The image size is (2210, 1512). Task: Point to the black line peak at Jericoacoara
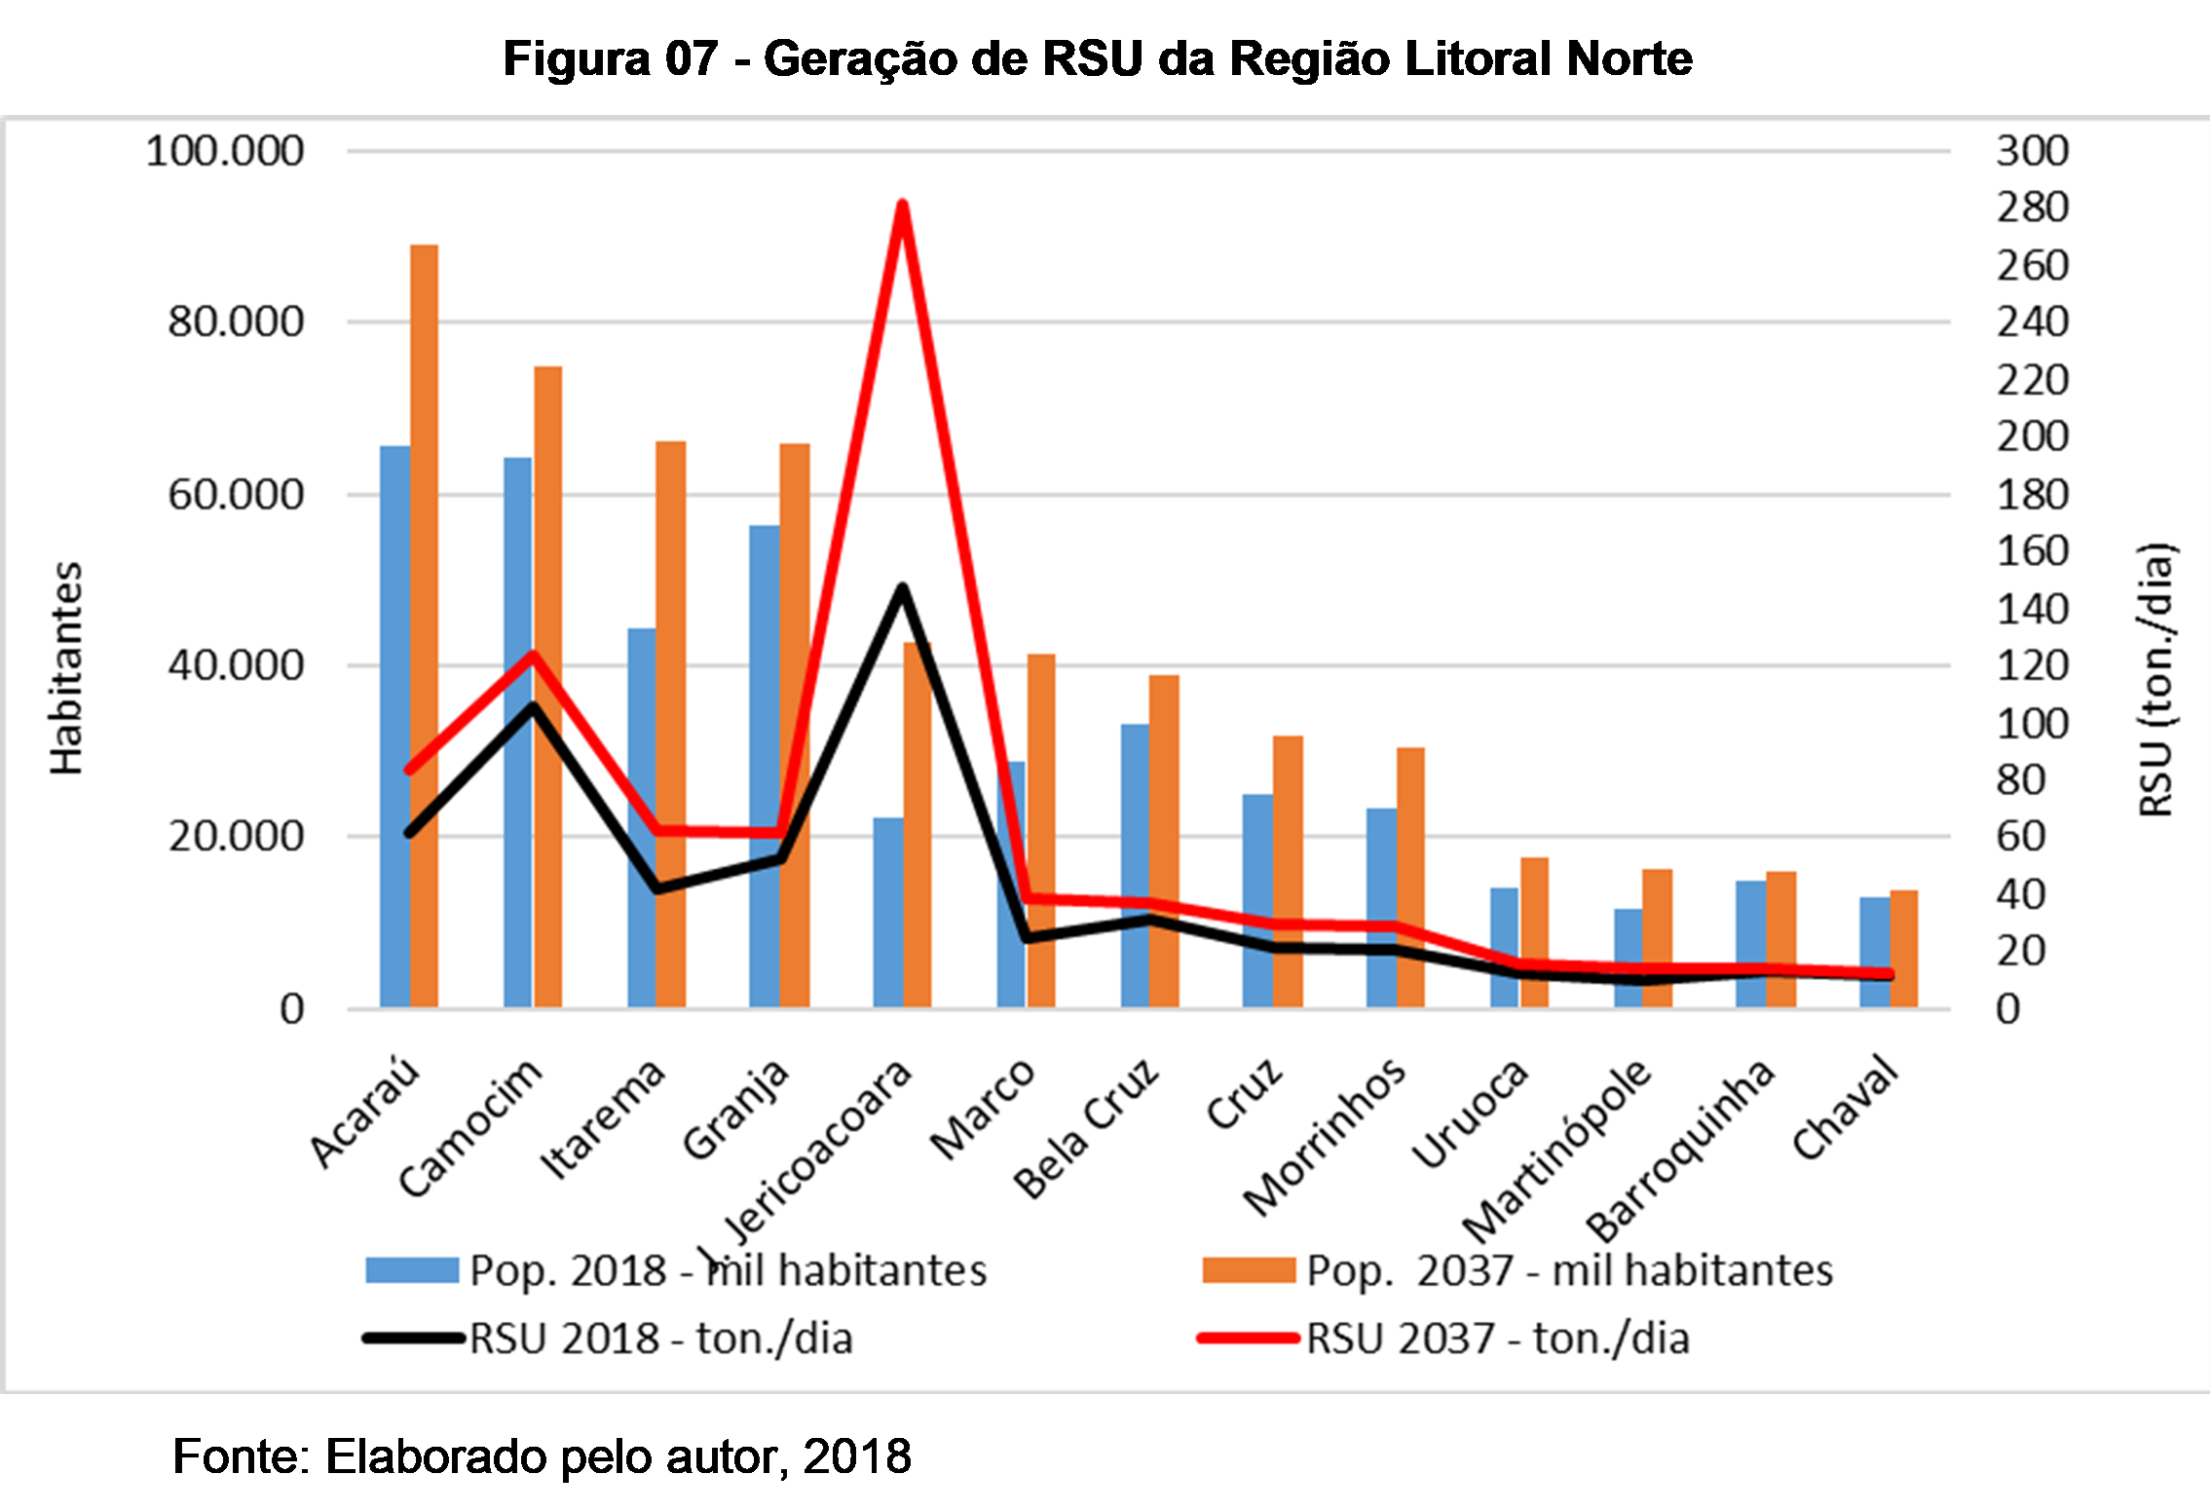point(903,588)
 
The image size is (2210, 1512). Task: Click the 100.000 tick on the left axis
point(225,151)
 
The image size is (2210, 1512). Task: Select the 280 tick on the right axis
point(2032,208)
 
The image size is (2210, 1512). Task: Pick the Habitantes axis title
point(66,668)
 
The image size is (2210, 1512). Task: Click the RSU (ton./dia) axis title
point(2155,680)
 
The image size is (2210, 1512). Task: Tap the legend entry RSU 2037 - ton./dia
point(1497,1339)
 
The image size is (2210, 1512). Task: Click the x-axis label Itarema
point(604,1120)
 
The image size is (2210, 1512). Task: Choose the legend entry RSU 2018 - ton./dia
point(660,1339)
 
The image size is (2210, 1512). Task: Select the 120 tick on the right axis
point(2032,666)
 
